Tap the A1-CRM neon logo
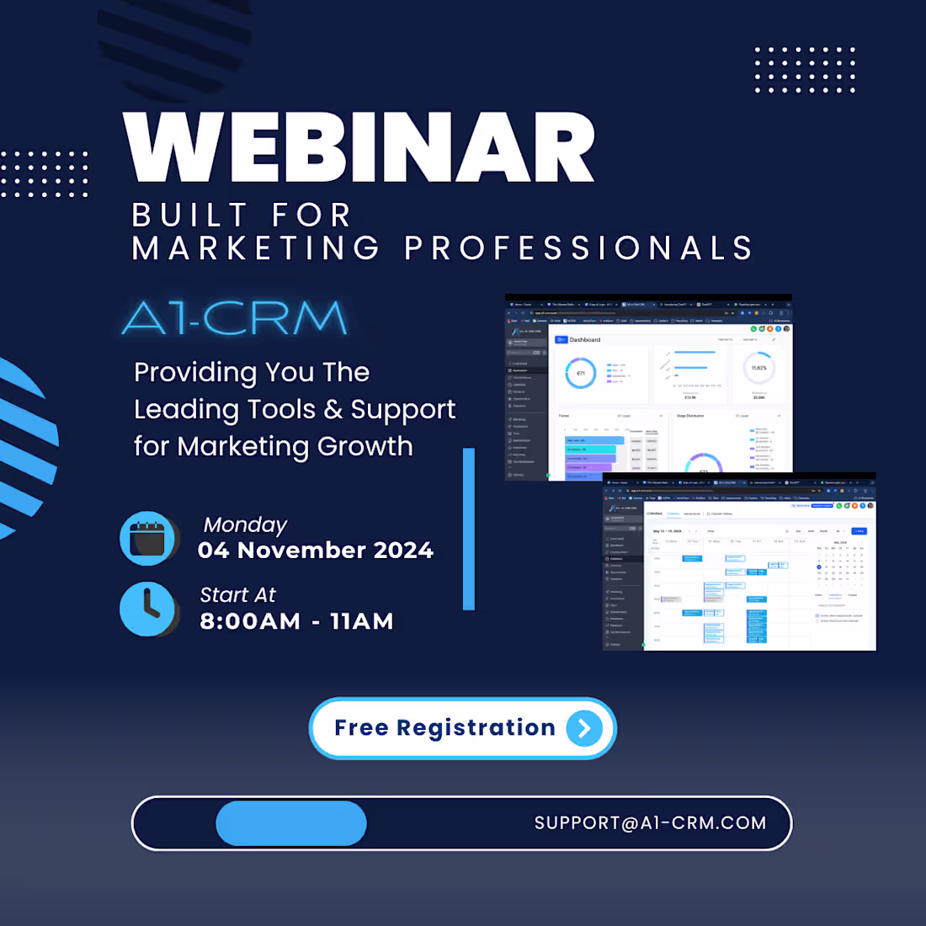coord(235,318)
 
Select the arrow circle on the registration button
coord(584,728)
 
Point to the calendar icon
coord(148,538)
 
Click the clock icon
coord(148,609)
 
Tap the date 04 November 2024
coord(316,551)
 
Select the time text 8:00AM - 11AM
coord(296,621)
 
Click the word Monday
coord(245,524)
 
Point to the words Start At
coord(237,595)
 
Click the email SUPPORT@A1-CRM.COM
coord(650,823)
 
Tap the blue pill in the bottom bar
coord(291,823)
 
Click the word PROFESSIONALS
coord(578,248)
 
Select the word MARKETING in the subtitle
coord(256,248)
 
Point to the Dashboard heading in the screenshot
coord(584,339)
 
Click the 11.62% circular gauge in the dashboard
coord(758,368)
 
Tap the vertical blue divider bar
coord(469,529)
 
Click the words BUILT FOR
coord(242,216)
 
